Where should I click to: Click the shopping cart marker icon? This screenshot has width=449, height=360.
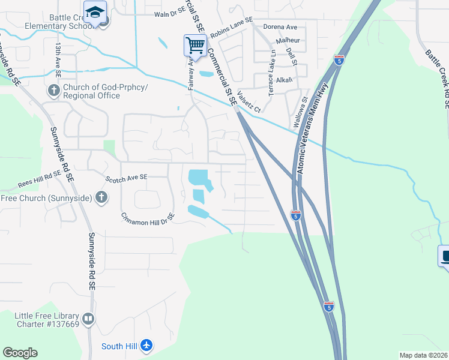pos(195,45)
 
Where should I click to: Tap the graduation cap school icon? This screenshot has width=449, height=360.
pos(95,12)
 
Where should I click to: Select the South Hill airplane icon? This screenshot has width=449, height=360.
pos(146,346)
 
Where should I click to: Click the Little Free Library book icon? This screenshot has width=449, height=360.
pos(88,319)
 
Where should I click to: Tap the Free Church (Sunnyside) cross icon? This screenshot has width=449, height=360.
pos(101,197)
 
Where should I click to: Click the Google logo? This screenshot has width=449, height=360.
pos(20,353)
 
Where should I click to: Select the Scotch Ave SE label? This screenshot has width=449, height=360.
pos(126,178)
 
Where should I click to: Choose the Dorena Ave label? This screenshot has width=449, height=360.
pos(280,27)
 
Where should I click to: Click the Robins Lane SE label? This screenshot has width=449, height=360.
pos(232,31)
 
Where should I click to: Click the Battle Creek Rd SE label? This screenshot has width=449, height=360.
pos(436,78)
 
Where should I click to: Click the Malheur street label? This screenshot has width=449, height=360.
pos(287,40)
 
